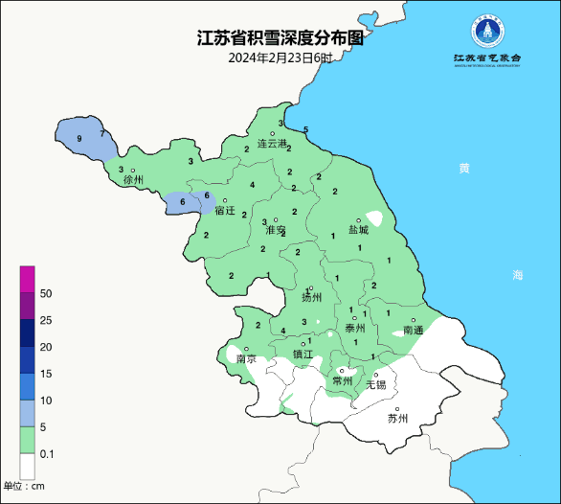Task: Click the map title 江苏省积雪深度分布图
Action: (x=280, y=38)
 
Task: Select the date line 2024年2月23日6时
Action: (x=280, y=57)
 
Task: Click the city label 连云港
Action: (x=273, y=144)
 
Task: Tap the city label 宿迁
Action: (x=225, y=210)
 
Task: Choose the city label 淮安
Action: (x=276, y=231)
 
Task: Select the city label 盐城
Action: (x=358, y=230)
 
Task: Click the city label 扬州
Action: (x=311, y=298)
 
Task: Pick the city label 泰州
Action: (x=355, y=329)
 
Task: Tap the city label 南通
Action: (x=414, y=330)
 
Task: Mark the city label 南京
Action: (x=246, y=359)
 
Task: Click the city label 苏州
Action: (x=397, y=419)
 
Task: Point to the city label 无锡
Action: (x=376, y=385)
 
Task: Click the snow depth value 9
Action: (x=79, y=140)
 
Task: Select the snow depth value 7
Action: (x=101, y=134)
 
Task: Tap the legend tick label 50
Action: (x=45, y=293)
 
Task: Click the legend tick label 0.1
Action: (x=47, y=453)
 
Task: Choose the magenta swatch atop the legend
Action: (x=28, y=279)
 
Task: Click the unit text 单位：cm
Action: (x=24, y=487)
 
